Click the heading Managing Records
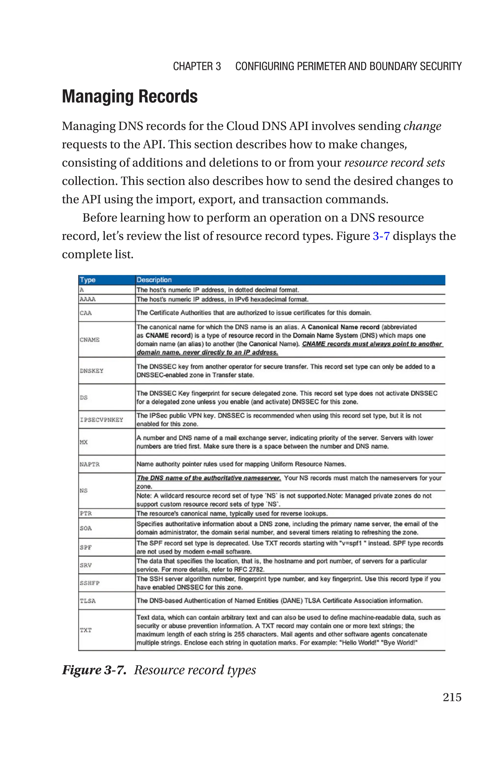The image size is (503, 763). [130, 97]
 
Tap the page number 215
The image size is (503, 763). [452, 697]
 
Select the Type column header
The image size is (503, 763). [88, 280]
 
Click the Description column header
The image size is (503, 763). [154, 280]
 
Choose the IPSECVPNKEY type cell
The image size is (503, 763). [101, 420]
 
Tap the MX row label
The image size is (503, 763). [84, 442]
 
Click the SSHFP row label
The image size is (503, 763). [89, 583]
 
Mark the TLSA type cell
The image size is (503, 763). [88, 601]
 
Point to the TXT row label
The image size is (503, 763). [86, 630]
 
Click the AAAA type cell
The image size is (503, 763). [88, 299]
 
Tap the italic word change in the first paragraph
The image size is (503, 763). [422, 126]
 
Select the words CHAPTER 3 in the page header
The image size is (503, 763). [197, 66]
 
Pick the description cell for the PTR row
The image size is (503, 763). [232, 513]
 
